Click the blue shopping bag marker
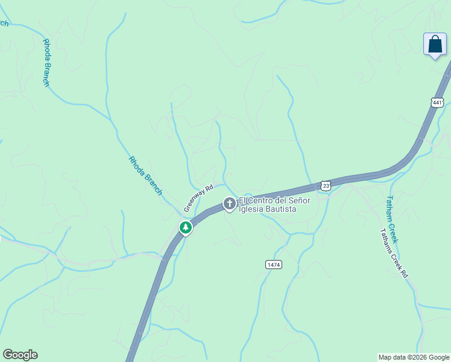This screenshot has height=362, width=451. tap(435, 45)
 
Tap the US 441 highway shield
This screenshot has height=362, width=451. tap(438, 102)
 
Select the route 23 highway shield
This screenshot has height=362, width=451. tap(326, 186)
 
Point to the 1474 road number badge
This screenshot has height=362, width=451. tap(274, 264)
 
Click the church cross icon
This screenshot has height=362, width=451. tap(229, 204)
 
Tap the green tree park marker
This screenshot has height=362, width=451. tap(186, 227)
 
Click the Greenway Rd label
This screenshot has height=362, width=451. tap(199, 198)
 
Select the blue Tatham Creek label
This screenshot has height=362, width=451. tap(392, 219)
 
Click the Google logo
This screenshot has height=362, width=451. tap(20, 355)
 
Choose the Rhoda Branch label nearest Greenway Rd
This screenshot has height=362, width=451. tap(145, 176)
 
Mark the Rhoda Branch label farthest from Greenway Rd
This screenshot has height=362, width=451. tap(46, 63)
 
